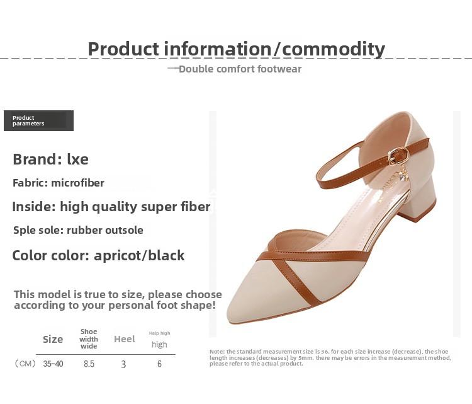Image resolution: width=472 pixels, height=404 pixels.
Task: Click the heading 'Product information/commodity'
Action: point(236,49)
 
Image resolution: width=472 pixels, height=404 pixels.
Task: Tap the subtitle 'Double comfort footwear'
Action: point(240,69)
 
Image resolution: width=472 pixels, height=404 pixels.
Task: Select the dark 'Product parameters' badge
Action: point(38,120)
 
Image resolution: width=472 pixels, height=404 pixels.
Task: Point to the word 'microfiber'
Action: point(77,183)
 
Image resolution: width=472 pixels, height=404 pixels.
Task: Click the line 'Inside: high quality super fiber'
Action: point(111,207)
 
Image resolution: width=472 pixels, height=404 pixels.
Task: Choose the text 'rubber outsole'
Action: point(104,230)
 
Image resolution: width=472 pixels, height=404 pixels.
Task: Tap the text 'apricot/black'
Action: point(139,255)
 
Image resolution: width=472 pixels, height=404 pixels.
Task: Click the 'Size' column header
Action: point(53,339)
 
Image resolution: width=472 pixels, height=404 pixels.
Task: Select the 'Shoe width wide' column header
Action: point(89,339)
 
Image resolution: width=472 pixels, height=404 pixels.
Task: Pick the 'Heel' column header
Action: point(125,339)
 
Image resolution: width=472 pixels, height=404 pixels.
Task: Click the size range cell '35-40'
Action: point(53,364)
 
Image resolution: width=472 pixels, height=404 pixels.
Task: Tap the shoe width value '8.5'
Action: point(89,364)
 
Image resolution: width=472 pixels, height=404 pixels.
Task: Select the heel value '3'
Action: point(123,364)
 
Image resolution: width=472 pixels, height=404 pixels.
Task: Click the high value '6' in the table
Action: point(160,364)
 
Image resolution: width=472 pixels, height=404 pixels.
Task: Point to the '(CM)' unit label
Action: point(25,364)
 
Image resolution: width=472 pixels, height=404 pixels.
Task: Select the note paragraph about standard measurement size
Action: point(330,357)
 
